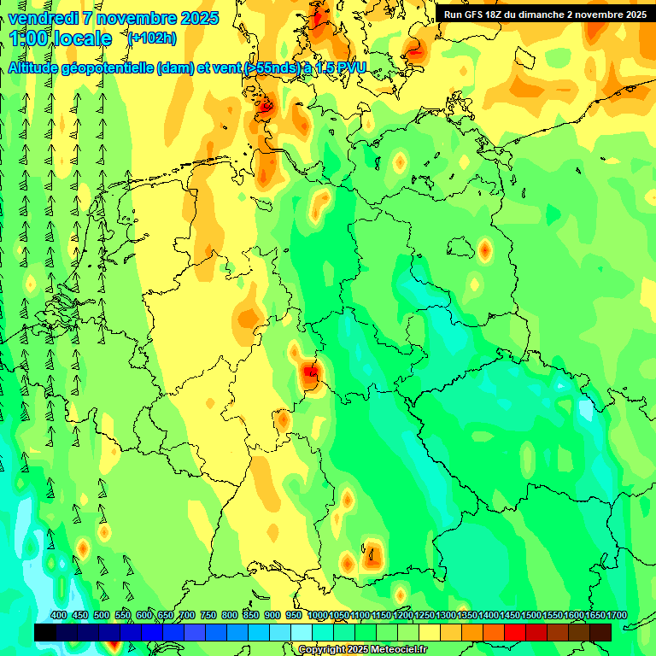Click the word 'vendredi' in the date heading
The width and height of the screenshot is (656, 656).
(44, 18)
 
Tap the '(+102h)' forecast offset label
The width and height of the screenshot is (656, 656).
(151, 38)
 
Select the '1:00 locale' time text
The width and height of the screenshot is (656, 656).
(61, 38)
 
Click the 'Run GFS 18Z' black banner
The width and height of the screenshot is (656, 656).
(545, 15)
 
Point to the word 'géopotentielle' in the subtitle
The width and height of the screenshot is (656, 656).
(110, 68)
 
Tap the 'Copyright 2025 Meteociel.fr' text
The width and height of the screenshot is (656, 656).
(361, 650)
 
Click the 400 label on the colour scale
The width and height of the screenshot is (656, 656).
(59, 615)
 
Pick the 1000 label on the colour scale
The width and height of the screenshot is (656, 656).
(317, 615)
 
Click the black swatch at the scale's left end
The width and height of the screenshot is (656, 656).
(45, 632)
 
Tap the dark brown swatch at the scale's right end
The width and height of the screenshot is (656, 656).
(600, 632)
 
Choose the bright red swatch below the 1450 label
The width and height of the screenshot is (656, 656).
(515, 632)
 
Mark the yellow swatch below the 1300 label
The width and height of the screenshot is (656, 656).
(451, 632)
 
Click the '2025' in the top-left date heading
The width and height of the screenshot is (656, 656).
(198, 18)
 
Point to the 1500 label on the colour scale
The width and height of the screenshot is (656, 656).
(530, 615)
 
